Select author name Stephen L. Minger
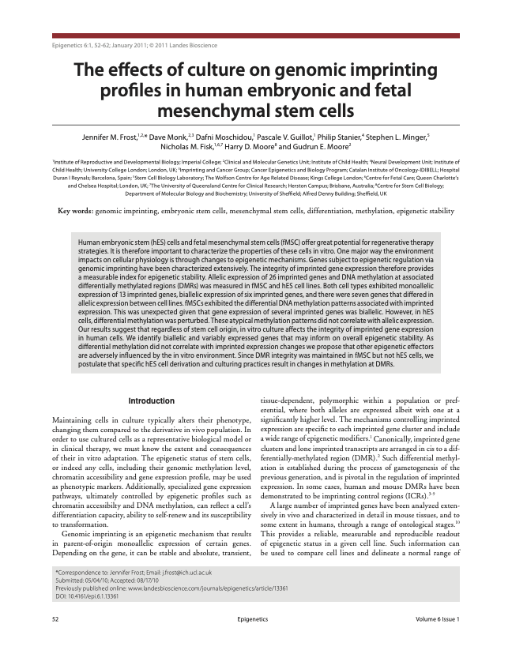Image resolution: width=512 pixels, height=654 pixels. pyautogui.click(x=400, y=137)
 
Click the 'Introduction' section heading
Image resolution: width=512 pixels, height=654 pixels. pyautogui.click(x=151, y=400)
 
